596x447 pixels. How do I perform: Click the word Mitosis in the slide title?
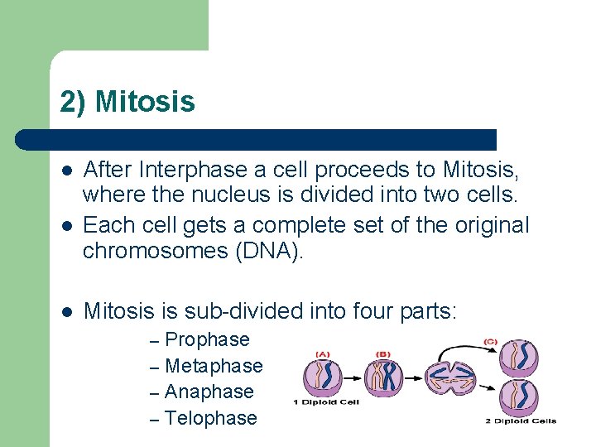[x=145, y=102]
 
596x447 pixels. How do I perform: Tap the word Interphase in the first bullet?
[x=181, y=170]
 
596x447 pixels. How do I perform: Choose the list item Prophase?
[x=207, y=339]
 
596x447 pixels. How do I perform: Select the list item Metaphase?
[x=214, y=366]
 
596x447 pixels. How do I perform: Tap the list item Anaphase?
[x=209, y=392]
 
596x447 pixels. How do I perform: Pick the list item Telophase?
[x=211, y=418]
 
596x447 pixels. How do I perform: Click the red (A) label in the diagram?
[x=323, y=354]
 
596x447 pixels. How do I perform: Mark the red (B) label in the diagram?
[x=383, y=354]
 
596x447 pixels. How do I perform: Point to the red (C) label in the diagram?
[x=490, y=340]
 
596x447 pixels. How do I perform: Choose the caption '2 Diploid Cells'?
[x=521, y=421]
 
